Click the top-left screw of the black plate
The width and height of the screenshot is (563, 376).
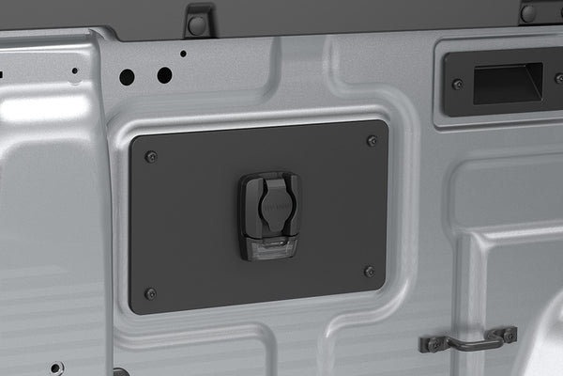151,156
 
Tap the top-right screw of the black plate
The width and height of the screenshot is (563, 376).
372,141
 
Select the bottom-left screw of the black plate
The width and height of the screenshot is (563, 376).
150,293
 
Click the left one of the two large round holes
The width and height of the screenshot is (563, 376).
127,77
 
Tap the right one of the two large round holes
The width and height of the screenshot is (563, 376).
164,74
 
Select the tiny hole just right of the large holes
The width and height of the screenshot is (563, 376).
183,54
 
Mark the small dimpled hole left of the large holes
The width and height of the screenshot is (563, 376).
74,70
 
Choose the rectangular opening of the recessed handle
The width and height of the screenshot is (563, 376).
508,82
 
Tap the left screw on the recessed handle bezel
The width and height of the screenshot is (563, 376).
458,85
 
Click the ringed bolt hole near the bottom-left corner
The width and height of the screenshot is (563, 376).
57,368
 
